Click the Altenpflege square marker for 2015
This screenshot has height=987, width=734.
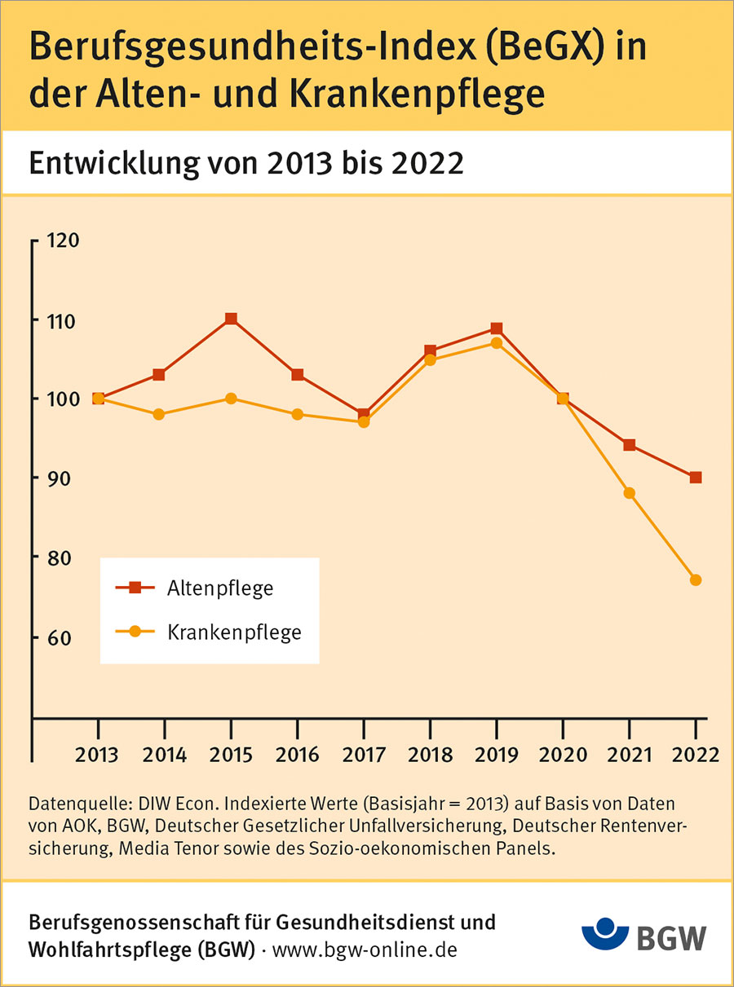pos(231,319)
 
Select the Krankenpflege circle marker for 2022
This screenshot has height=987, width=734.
pos(696,580)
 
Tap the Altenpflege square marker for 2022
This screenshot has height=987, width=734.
pos(696,478)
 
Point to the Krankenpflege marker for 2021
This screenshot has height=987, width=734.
pos(629,493)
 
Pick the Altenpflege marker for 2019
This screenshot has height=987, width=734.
pos(496,328)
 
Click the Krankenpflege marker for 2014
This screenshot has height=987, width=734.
pos(159,414)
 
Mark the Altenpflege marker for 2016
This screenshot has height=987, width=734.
pos(298,375)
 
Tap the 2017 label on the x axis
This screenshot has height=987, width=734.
pos(364,754)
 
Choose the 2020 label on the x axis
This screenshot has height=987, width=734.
pos(563,754)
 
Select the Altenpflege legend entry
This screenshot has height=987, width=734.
pos(219,588)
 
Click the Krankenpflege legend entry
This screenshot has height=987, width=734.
pos(234,632)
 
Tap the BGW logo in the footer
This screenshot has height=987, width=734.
pos(645,936)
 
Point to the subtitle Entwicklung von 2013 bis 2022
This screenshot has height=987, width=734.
pos(245,163)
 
